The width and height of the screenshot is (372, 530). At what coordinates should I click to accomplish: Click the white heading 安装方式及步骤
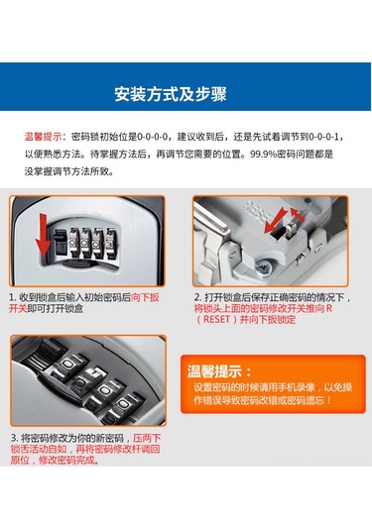point(171,94)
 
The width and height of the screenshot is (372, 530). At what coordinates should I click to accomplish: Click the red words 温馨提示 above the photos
point(44,137)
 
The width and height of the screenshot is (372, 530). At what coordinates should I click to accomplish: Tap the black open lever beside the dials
point(61,242)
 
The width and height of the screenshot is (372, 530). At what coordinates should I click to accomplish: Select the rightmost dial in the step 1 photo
point(111,243)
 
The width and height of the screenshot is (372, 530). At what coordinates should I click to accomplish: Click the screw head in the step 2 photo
point(262,268)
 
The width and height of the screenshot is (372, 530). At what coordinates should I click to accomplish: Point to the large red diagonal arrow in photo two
point(276,221)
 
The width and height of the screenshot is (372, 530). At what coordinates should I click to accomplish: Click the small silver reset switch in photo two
point(291,229)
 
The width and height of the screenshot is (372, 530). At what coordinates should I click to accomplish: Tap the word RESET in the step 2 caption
point(216,319)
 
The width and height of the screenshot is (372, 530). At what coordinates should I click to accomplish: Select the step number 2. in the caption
point(198,297)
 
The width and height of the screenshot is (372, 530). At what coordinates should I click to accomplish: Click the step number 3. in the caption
point(14,438)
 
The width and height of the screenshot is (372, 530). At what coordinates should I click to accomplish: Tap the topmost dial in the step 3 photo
point(66,365)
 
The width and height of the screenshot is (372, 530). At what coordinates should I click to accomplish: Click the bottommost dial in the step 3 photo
point(123,407)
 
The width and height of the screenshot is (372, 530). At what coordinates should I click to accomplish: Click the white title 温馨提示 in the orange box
point(219,371)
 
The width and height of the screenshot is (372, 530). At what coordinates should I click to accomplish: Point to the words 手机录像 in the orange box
point(297,387)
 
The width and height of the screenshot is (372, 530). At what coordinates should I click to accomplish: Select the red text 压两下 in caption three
point(147,439)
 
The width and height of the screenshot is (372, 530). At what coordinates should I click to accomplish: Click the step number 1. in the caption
point(13,297)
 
